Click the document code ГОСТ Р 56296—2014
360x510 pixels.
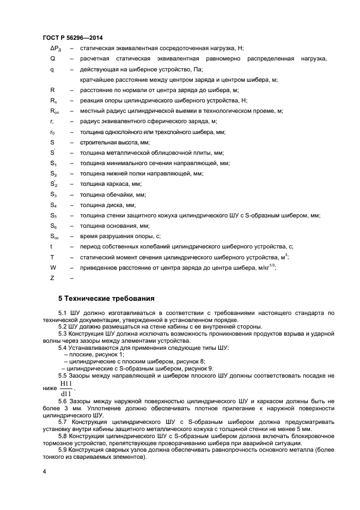72,37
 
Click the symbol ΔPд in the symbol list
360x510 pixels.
54,48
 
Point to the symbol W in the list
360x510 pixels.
53,267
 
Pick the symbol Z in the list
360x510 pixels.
52,277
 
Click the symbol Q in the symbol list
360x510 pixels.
52,59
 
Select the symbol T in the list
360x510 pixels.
52,257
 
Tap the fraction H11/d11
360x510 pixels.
66,389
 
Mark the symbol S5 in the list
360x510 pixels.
53,215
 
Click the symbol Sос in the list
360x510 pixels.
54,236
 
